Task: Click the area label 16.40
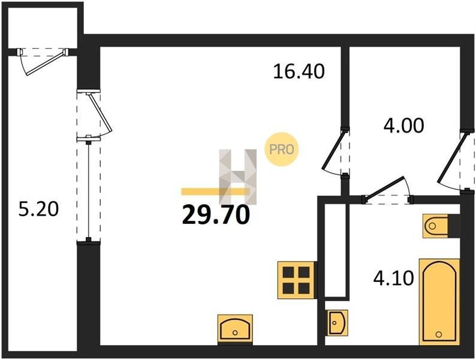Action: coord(299,71)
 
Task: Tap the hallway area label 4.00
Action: coord(403,125)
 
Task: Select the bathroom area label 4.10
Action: coord(393,278)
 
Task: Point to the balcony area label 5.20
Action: coord(38,209)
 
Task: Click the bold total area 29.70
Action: coord(216,215)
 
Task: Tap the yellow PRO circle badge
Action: coord(281,149)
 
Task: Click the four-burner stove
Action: coord(297,280)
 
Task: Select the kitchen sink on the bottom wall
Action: coord(235,329)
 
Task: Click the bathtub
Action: coord(439,302)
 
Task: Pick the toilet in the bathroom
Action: coord(441,226)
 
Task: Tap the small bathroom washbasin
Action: coord(337,322)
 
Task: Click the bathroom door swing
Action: coord(388,191)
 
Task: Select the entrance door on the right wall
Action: coord(456,161)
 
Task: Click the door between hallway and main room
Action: coord(336,152)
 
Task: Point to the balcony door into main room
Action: coord(94,115)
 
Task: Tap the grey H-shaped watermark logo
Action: coord(237,176)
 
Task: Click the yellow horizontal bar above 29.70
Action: coord(215,191)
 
